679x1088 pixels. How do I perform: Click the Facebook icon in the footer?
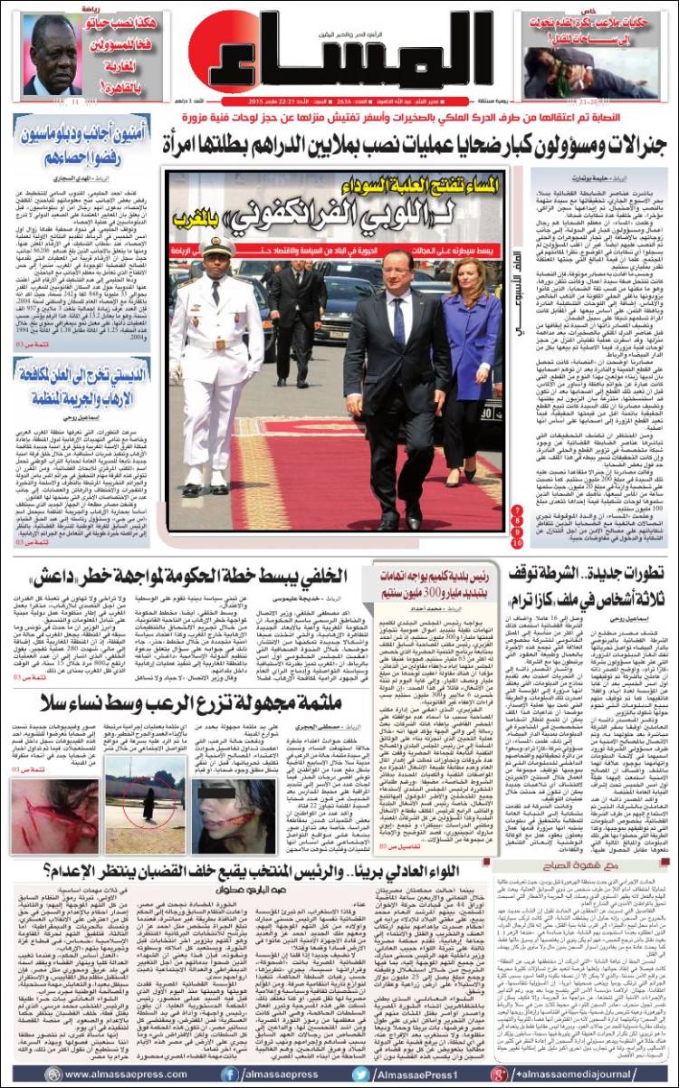click(231, 1074)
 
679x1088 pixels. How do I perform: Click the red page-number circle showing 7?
click(516, 510)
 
